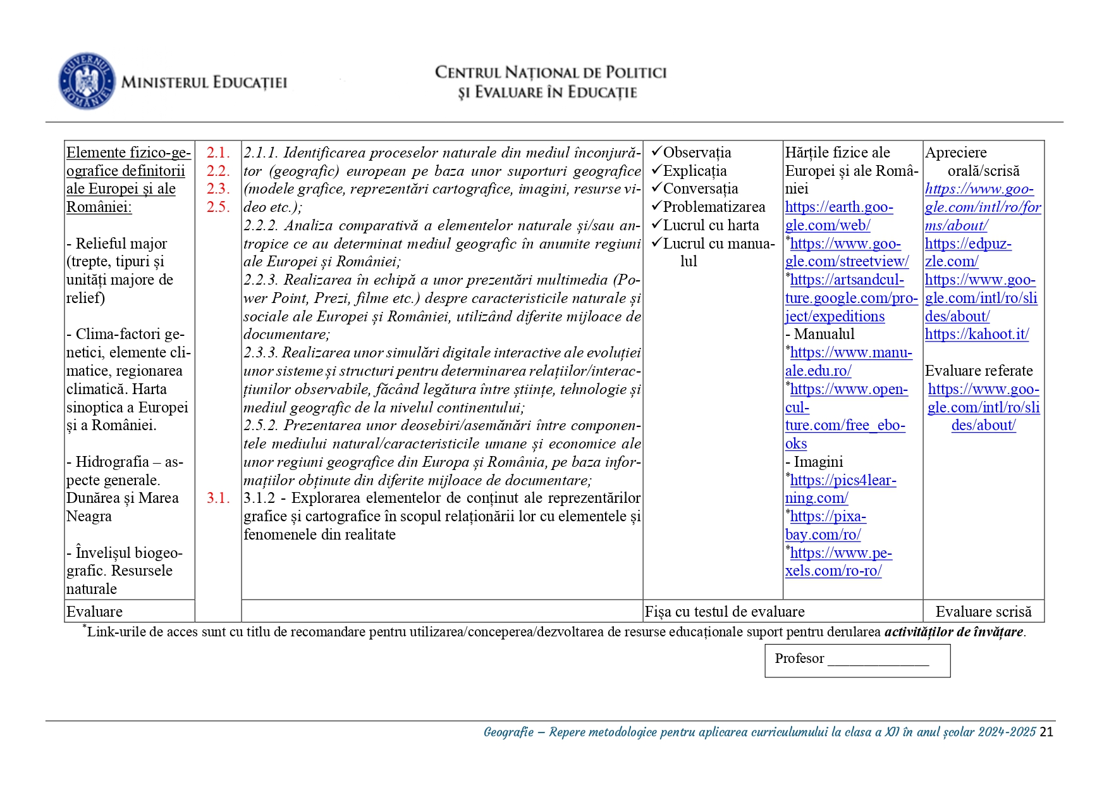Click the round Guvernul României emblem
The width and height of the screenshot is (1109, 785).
point(86,81)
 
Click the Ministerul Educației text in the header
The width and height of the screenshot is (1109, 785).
point(204,82)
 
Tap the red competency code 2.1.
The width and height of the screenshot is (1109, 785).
point(218,152)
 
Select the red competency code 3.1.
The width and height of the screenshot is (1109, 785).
point(218,498)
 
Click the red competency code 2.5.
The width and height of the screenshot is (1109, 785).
point(218,207)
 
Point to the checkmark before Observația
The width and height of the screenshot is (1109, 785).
point(656,152)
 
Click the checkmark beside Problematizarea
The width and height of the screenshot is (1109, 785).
point(656,206)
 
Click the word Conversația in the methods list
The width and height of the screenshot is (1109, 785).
point(700,189)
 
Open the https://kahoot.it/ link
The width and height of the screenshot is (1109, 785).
point(976,334)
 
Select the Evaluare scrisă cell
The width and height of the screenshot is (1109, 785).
point(983,612)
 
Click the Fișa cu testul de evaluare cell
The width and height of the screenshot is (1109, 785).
point(725,612)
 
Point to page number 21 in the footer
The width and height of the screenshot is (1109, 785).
point(1046,732)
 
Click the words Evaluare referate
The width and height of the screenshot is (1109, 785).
point(979,371)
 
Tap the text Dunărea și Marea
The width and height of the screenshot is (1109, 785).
point(123,498)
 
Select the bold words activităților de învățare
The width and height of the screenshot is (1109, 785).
point(953,631)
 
